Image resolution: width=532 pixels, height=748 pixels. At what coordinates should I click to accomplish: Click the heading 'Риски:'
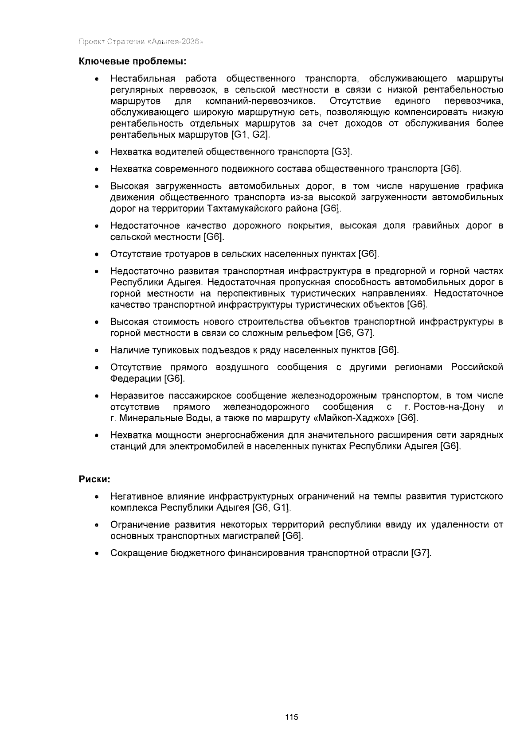click(94, 479)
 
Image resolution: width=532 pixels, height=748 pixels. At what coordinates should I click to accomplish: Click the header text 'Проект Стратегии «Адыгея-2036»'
click(141, 42)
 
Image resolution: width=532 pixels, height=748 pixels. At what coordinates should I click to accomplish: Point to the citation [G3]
click(342, 152)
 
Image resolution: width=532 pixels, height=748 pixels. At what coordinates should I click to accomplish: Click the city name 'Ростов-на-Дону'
click(449, 407)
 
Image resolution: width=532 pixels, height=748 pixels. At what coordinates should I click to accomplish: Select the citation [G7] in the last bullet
click(421, 553)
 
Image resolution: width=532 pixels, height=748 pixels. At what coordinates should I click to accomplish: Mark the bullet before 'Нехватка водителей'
click(96, 152)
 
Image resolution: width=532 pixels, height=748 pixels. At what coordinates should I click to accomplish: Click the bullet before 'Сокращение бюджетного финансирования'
click(96, 554)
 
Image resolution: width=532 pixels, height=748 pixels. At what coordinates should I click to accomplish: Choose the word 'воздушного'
click(242, 367)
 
